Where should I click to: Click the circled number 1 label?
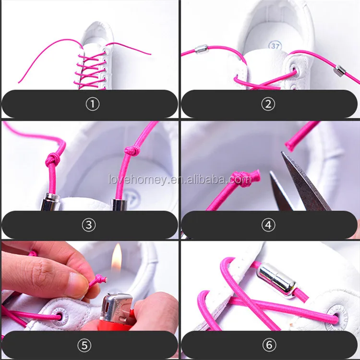click(93, 105)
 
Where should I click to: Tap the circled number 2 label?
click(268, 105)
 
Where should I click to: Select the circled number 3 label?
click(89, 225)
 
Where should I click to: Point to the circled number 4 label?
click(268, 225)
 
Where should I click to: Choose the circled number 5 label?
click(84, 345)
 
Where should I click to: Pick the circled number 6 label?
click(269, 345)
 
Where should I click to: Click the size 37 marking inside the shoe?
click(275, 46)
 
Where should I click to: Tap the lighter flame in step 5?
click(117, 258)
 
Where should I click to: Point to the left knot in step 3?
click(52, 159)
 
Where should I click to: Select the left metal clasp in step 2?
click(201, 48)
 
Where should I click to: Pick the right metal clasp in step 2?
click(340, 71)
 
